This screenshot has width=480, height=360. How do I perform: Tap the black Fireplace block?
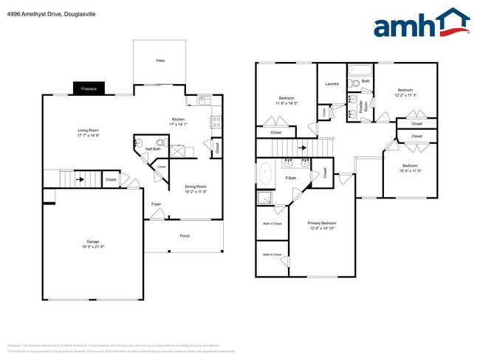[x=89, y=89]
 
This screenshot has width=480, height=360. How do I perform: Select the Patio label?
[x=160, y=60]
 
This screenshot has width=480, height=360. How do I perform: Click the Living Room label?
[x=89, y=131]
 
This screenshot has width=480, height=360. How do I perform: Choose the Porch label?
[x=185, y=236]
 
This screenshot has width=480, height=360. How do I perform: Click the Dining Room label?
[x=196, y=187]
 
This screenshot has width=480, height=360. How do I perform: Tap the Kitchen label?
[x=179, y=120]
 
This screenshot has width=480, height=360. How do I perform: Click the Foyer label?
[x=156, y=204]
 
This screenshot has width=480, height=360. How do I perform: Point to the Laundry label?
[x=332, y=83]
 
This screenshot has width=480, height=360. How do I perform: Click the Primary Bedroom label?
[x=322, y=223]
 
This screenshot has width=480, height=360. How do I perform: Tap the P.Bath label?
[x=291, y=178]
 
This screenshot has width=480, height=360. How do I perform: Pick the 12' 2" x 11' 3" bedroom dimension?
[x=406, y=95]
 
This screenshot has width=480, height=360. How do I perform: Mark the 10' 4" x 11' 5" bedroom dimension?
[x=410, y=170]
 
